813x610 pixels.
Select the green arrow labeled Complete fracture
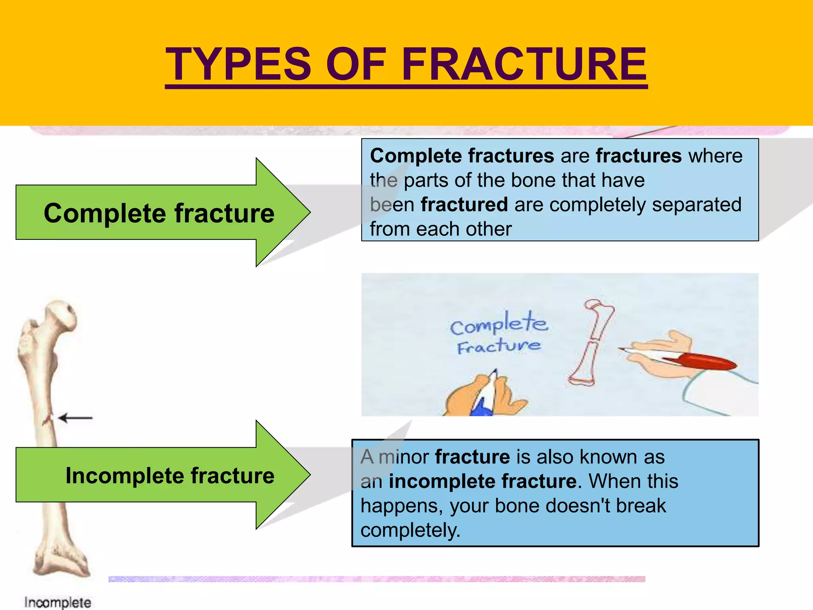159,213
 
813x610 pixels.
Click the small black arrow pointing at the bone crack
75,418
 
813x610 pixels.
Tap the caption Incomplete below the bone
58,602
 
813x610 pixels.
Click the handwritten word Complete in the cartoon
499,324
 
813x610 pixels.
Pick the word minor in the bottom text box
403,457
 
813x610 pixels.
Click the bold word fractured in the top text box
464,205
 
